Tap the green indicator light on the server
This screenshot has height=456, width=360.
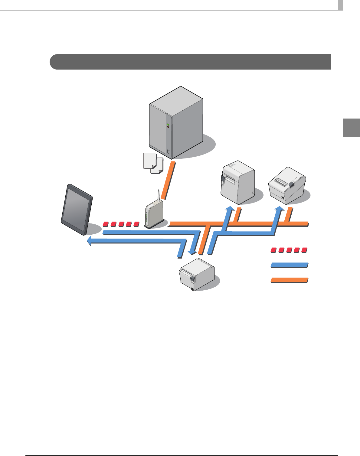(x=168, y=125)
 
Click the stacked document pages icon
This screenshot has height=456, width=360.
(x=153, y=163)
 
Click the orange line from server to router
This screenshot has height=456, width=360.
(x=168, y=180)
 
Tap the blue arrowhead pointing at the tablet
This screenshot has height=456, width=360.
(x=90, y=241)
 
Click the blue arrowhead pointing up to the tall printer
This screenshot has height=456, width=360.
(x=231, y=209)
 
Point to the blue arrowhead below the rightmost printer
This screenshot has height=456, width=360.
(x=279, y=209)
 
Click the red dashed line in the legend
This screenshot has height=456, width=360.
(x=289, y=250)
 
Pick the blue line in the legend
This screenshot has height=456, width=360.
(x=289, y=265)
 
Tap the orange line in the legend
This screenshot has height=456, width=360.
(x=289, y=280)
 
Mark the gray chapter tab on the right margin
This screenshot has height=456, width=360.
(x=351, y=128)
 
